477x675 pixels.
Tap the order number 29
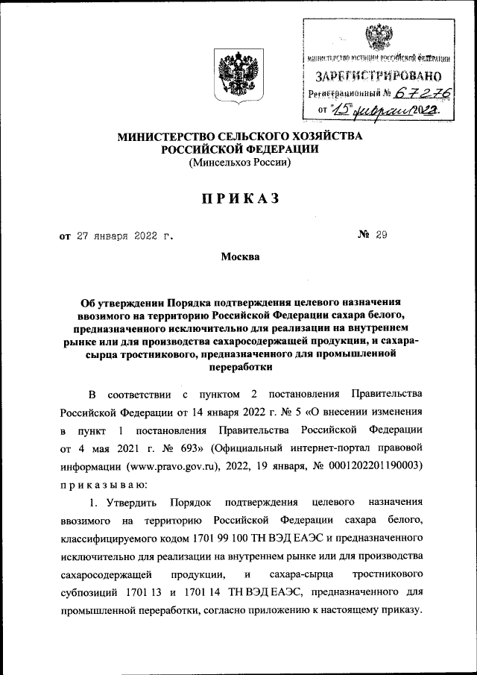click(x=382, y=236)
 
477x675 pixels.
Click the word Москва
click(x=240, y=257)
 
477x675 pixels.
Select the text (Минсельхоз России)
click(x=238, y=163)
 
